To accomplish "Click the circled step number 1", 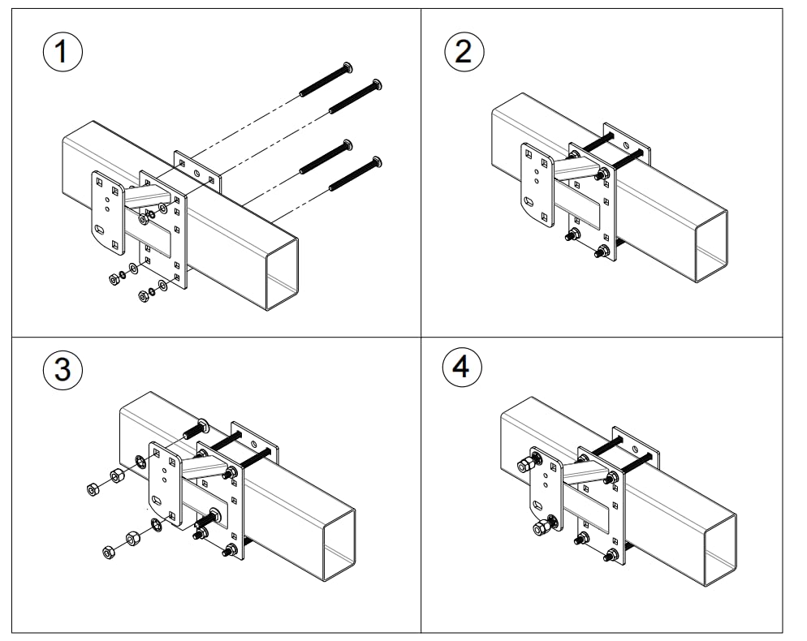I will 62,53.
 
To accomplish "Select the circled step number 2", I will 464,52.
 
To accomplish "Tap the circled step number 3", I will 62,370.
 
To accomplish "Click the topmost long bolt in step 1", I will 325,80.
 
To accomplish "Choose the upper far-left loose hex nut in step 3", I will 92,488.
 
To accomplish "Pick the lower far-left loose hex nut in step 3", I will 108,553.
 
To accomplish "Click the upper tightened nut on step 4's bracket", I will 524,465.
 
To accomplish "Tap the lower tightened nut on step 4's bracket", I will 540,529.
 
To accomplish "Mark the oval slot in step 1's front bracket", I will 100,230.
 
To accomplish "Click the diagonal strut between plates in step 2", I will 576,170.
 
